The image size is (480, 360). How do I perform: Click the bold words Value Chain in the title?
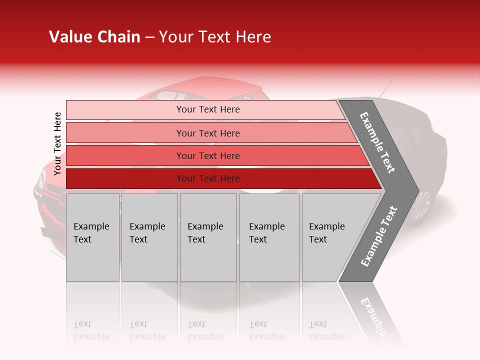(94, 37)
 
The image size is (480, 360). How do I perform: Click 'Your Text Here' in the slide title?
(215, 37)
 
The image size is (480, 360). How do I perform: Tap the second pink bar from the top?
(207, 133)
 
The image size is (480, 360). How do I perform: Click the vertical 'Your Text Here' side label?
(57, 143)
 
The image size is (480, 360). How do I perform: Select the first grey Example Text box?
(92, 237)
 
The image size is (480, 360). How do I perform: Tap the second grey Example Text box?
(149, 237)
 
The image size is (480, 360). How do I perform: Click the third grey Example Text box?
(208, 237)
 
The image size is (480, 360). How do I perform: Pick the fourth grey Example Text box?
(269, 237)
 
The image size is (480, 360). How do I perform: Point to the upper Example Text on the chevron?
(378, 142)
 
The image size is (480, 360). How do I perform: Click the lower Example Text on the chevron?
(379, 236)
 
